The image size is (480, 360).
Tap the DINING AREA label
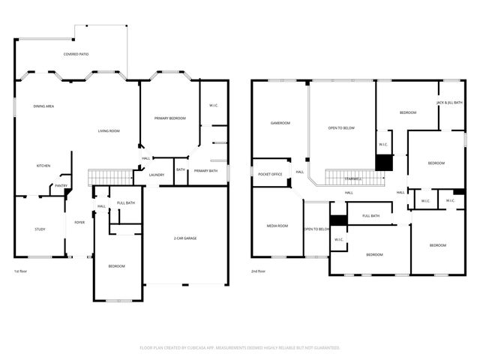point(43,106)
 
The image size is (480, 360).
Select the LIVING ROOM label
point(109,131)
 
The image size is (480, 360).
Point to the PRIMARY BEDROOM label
point(169,118)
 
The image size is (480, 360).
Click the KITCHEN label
point(43,166)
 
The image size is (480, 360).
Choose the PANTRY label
point(61,185)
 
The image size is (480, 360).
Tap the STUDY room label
point(40,229)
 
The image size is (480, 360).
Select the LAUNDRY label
point(157,175)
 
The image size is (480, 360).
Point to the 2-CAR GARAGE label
point(184,238)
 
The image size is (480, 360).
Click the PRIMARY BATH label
point(205,171)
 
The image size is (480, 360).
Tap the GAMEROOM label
point(280,123)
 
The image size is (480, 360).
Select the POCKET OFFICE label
point(270,173)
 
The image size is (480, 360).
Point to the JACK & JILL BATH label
point(449,102)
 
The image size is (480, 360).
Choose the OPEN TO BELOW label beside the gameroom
point(341,128)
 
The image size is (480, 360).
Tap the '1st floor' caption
point(22,271)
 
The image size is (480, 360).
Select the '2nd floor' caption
point(259,271)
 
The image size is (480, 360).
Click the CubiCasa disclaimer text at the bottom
point(240,347)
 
